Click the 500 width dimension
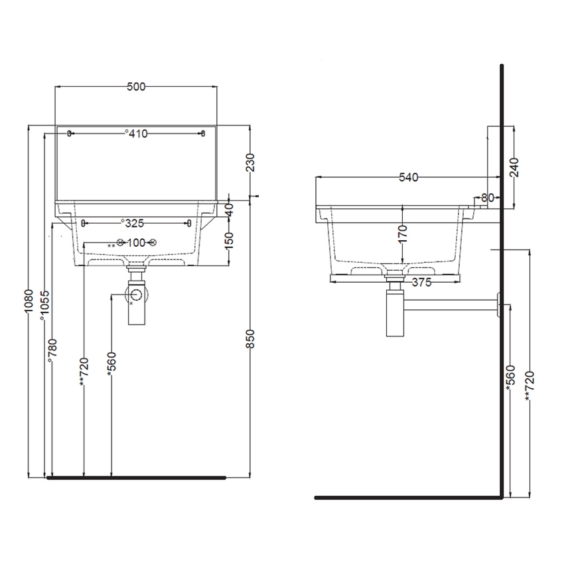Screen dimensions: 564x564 (x=136, y=86)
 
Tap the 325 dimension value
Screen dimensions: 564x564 (x=135, y=222)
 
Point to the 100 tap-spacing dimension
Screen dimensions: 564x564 (x=136, y=243)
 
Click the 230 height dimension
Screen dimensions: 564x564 (x=249, y=163)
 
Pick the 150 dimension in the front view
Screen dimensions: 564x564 (x=230, y=238)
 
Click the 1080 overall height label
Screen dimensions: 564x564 (x=27, y=302)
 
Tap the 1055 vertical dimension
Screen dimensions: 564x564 (x=44, y=306)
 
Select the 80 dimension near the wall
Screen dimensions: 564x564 (x=488, y=197)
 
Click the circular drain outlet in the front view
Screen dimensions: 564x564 (x=136, y=295)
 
